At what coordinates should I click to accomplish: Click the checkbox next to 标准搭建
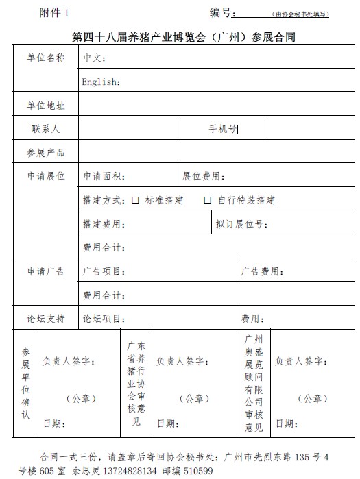point(135,200)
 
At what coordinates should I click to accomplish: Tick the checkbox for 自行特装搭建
point(207,200)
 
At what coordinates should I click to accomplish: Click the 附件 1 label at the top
point(55,13)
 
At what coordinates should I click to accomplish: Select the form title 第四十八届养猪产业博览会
point(183,36)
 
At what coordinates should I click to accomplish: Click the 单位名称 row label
point(46,58)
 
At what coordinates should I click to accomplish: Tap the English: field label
point(101,82)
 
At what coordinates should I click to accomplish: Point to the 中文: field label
point(94,58)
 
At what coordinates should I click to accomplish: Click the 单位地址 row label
point(46,105)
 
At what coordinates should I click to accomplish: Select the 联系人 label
point(46,128)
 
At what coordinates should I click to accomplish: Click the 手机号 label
point(222,128)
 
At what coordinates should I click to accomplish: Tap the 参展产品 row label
point(46,152)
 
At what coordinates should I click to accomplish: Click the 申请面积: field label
point(104,176)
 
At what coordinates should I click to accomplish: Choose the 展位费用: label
point(204,176)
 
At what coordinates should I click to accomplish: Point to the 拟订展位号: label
point(241,224)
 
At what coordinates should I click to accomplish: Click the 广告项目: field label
point(104,271)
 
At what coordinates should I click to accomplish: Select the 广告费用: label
point(263,271)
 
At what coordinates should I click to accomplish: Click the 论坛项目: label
point(104,319)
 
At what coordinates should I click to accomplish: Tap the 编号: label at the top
point(223,13)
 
